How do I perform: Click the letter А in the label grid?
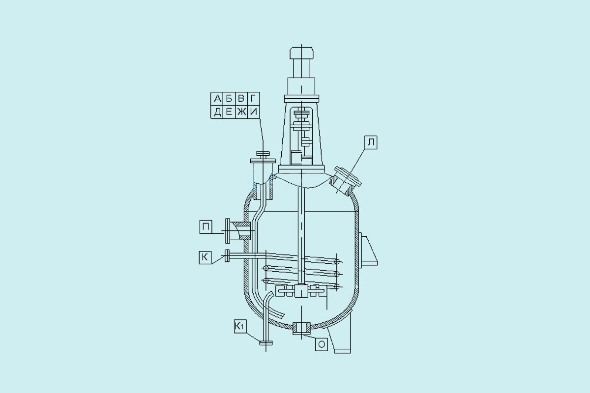(217, 99)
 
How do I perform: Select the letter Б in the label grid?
(229, 99)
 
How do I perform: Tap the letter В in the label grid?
(241, 99)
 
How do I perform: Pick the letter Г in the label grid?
(253, 99)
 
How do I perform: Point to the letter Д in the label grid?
(217, 112)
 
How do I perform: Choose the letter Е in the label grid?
(229, 112)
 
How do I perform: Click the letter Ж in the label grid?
(241, 112)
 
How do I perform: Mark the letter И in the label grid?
(254, 112)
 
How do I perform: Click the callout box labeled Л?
(371, 142)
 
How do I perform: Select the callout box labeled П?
(206, 227)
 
